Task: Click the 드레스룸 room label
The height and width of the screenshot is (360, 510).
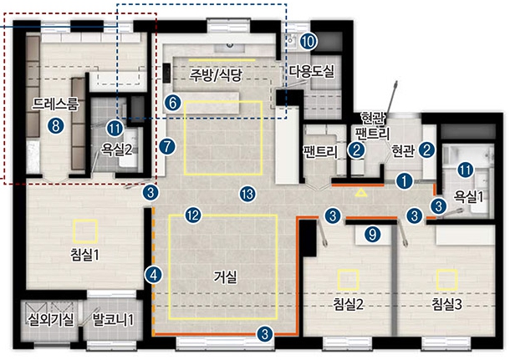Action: (55, 104)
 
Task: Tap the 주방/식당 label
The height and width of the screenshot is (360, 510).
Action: (217, 76)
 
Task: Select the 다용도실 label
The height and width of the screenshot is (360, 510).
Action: (312, 72)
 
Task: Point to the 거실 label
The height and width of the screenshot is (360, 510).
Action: (225, 276)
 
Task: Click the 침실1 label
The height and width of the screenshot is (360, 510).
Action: (84, 255)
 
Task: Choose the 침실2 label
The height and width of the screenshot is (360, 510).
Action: (348, 304)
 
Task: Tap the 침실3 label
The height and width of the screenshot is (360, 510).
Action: (447, 304)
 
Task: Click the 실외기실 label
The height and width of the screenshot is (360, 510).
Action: (51, 320)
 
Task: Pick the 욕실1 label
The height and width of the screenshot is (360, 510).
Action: (468, 197)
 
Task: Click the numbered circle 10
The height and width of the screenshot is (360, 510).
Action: (309, 41)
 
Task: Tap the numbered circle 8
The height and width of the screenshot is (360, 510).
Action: (56, 125)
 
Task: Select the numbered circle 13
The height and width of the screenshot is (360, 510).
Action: (247, 195)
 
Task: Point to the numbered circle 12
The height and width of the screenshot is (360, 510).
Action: (193, 215)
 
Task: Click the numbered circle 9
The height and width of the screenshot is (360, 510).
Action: (372, 234)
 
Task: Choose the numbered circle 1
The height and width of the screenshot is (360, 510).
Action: (405, 181)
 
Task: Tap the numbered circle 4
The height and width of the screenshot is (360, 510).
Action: (154, 275)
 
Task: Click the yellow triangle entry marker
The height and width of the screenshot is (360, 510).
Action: (361, 193)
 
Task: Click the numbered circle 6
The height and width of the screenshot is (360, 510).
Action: (172, 103)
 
